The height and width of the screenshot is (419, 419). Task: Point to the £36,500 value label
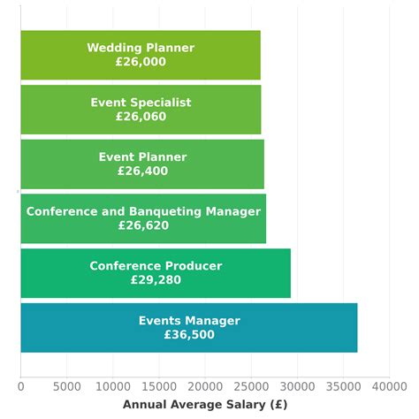pos(189,335)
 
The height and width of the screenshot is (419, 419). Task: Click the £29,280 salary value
pos(156,280)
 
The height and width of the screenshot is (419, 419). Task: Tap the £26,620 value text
pos(143,225)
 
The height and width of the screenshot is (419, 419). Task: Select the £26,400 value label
pos(142,171)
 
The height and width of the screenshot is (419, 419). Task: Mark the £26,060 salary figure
pos(141,117)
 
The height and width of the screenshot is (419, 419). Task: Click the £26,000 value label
pos(141,62)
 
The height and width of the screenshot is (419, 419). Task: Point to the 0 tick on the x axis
pos(21,386)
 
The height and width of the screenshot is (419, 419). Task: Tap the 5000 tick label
pos(67,386)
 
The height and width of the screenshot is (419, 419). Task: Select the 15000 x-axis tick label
pos(159,386)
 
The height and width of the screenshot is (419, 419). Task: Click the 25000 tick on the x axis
pos(251,386)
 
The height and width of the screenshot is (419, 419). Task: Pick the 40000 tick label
pos(389,386)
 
